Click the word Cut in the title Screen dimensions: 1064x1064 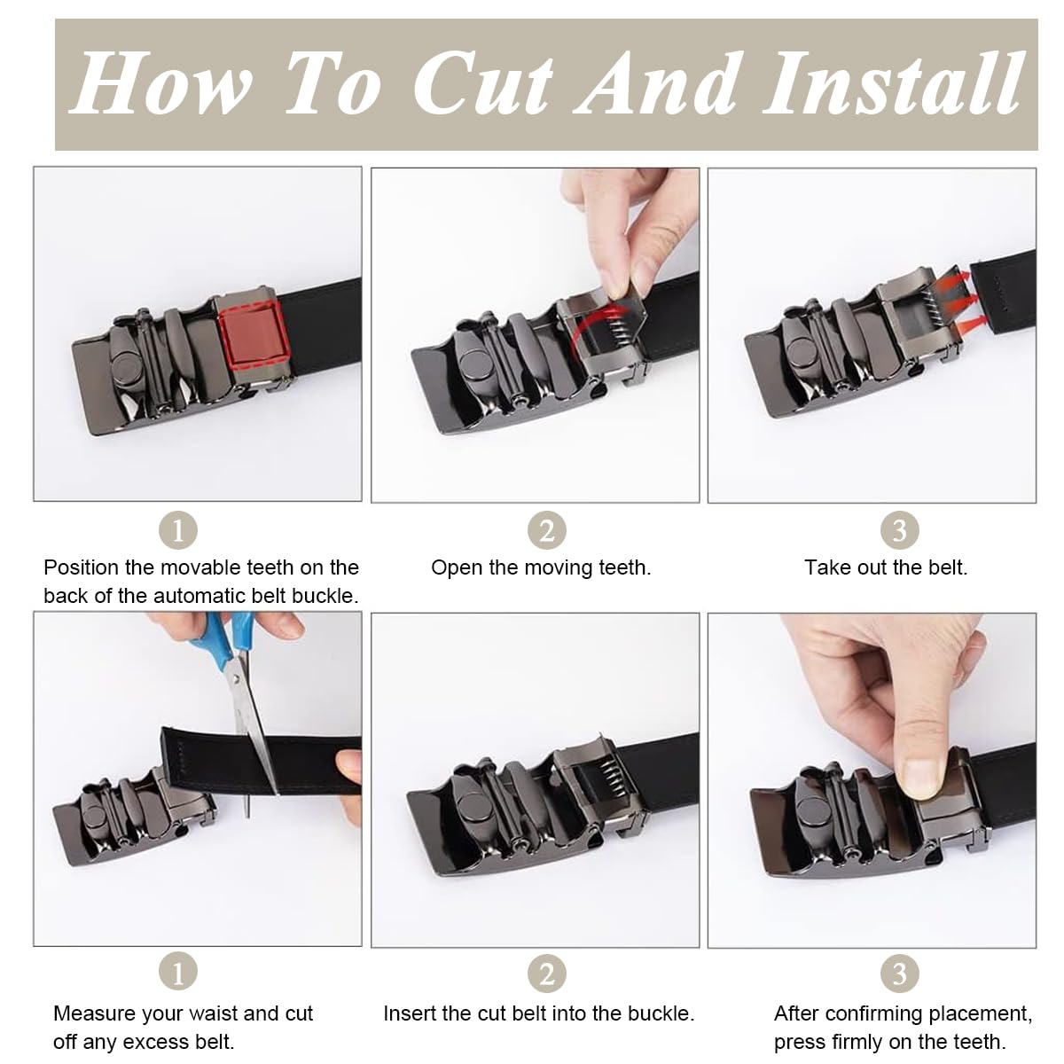point(483,84)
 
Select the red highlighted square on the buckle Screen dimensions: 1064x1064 point(253,336)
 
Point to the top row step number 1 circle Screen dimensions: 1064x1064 point(178,530)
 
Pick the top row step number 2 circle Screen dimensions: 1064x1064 point(547,530)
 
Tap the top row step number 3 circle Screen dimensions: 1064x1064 point(899,530)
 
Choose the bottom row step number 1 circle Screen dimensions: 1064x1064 point(178,971)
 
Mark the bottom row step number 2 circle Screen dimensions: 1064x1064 point(547,974)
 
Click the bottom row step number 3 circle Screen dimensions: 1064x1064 point(899,974)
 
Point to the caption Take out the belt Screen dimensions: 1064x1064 point(886,567)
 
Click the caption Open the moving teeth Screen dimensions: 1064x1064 point(541,567)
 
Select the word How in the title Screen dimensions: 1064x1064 point(160,84)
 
